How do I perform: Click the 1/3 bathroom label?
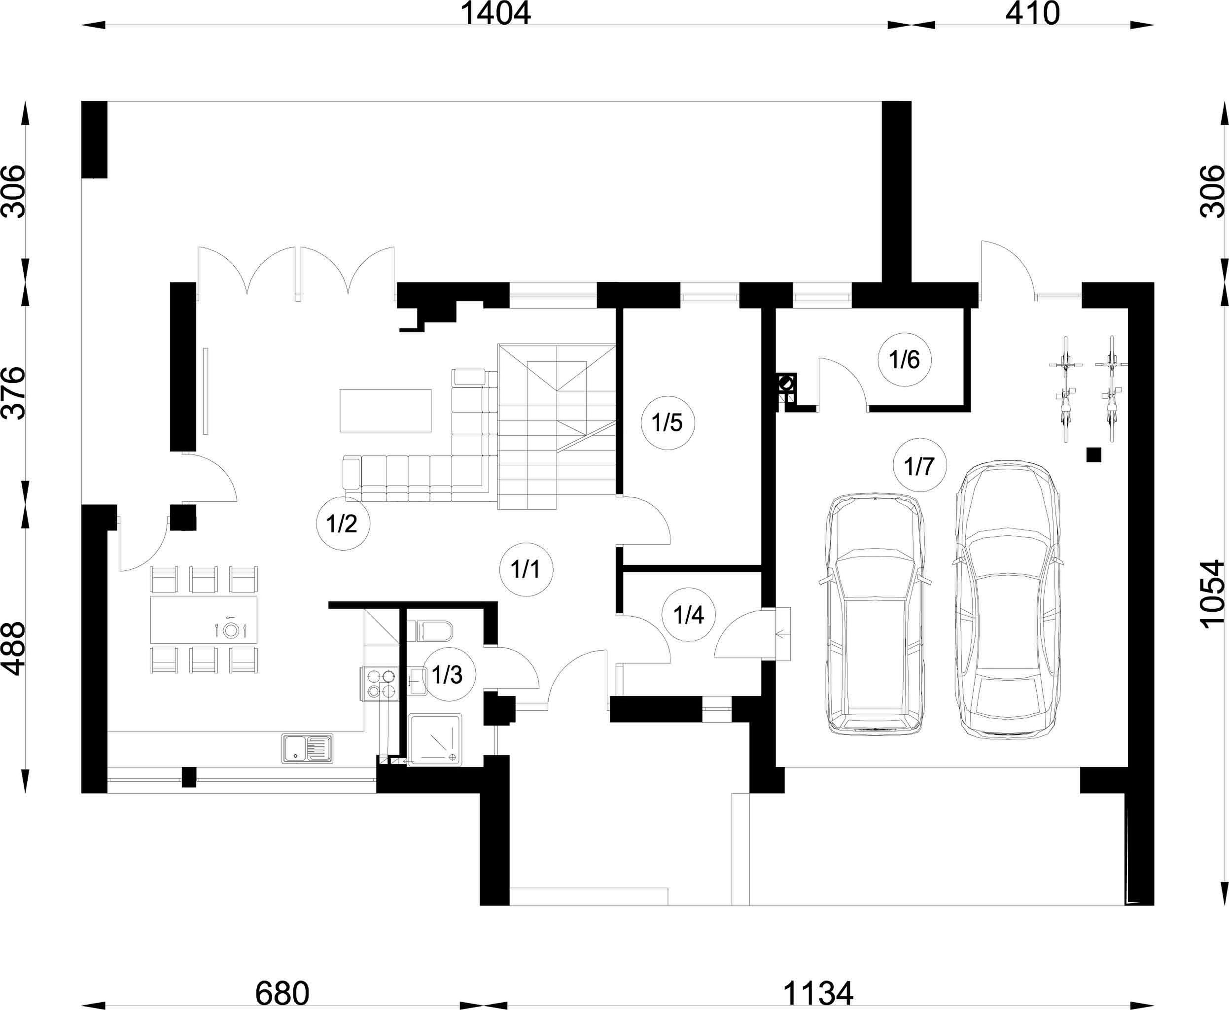click(x=447, y=675)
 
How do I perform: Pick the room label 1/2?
click(x=342, y=523)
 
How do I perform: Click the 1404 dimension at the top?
click(x=495, y=14)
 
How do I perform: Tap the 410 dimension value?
click(x=1032, y=14)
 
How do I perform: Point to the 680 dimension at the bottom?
click(x=282, y=994)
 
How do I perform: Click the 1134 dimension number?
click(x=818, y=994)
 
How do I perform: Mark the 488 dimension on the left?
click(x=14, y=649)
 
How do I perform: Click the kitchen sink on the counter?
click(x=308, y=748)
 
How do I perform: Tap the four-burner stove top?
click(x=380, y=684)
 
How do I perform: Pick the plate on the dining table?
click(x=232, y=630)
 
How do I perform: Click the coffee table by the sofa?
click(x=385, y=411)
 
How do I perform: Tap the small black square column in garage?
click(x=1094, y=454)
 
